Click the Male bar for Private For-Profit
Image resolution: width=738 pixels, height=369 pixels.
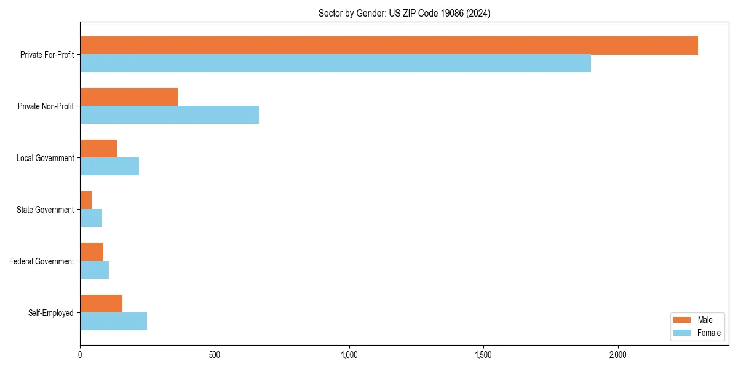tap(389, 46)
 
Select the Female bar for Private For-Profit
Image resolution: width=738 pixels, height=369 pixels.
tap(335, 63)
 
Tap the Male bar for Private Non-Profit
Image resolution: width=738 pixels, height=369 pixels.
tap(129, 97)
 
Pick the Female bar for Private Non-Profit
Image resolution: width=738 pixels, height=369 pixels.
tap(169, 114)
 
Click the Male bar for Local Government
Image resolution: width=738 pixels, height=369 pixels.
tap(98, 149)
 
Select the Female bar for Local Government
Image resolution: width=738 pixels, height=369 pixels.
tap(109, 166)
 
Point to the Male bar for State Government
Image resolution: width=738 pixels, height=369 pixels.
tap(86, 200)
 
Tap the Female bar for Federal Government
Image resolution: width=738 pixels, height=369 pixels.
tap(94, 269)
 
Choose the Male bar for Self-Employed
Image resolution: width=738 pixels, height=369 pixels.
tap(101, 304)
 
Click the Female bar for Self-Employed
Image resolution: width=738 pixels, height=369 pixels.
tap(113, 321)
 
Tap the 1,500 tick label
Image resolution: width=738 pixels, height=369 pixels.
tap(483, 355)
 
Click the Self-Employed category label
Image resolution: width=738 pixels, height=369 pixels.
tap(51, 313)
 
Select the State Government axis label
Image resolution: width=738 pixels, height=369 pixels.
tap(46, 210)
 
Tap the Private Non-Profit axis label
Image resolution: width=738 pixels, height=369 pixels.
tap(46, 106)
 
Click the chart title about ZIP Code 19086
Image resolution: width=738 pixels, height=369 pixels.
tap(404, 13)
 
